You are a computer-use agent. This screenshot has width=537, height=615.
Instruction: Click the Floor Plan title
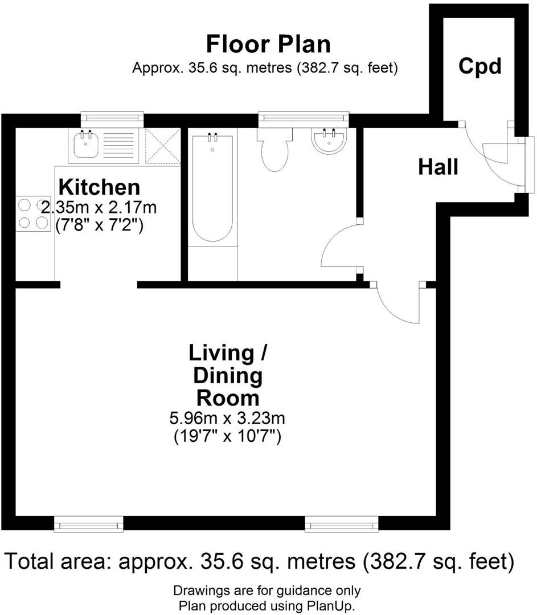point(268,44)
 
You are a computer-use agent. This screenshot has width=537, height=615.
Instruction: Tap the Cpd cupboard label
point(480,67)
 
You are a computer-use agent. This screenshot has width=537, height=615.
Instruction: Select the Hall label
point(438,167)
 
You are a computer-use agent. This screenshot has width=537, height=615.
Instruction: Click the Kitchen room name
point(100,187)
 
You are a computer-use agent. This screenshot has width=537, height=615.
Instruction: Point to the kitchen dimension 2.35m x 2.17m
point(100,207)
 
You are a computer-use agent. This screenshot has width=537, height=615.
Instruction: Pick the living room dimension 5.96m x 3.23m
point(227,420)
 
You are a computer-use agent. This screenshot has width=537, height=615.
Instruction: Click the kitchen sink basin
point(84,145)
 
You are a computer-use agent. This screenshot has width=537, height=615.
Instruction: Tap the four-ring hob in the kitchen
point(32,214)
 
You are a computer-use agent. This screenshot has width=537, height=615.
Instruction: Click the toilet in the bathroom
point(274,151)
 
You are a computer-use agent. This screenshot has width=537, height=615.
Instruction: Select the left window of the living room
point(88,523)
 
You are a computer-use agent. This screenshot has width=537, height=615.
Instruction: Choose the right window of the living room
point(341,523)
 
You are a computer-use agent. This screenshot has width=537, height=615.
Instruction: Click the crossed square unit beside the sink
point(162,146)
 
